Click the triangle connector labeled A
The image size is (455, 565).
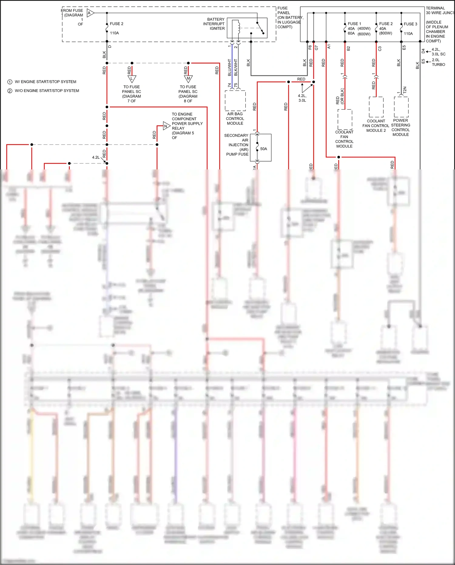pyautogui.click(x=90, y=13)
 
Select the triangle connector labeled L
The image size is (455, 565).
pyautogui.click(x=132, y=79)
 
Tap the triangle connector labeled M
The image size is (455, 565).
pyautogui.click(x=188, y=79)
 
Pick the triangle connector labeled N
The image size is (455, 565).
pyautogui.click(x=166, y=126)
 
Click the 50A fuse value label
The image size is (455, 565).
pyautogui.click(x=264, y=149)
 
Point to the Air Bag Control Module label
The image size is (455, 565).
pyautogui.click(x=235, y=119)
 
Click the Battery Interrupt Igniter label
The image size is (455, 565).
pyautogui.click(x=214, y=24)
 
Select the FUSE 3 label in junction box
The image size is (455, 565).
pyautogui.click(x=410, y=24)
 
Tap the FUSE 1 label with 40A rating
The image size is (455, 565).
pyautogui.click(x=354, y=24)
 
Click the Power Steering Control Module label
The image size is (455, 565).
pyautogui.click(x=400, y=128)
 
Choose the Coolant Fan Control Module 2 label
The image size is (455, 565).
pyautogui.click(x=376, y=126)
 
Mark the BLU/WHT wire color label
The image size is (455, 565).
pyautogui.click(x=230, y=67)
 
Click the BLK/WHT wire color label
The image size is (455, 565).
pyautogui.click(x=236, y=67)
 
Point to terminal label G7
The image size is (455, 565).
pyautogui.click(x=316, y=48)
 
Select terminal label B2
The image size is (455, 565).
pyautogui.click(x=348, y=48)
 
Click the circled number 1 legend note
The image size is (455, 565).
pyautogui.click(x=10, y=82)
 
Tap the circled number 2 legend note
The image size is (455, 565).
pyautogui.click(x=10, y=91)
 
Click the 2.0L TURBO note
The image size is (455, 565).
pyautogui.click(x=438, y=62)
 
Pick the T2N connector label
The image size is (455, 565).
pyautogui.click(x=405, y=90)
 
